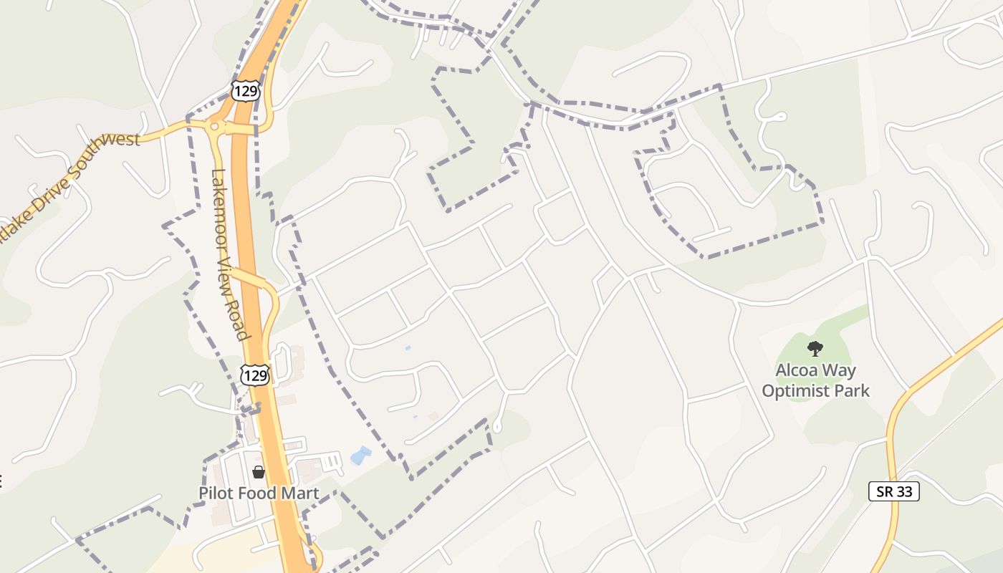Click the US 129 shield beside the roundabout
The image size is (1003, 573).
(245, 91)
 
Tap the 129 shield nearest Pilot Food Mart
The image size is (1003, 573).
(256, 374)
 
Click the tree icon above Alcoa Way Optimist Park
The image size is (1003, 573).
(815, 349)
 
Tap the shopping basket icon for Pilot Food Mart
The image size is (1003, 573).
(258, 472)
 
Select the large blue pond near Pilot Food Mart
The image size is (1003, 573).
(360, 456)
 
